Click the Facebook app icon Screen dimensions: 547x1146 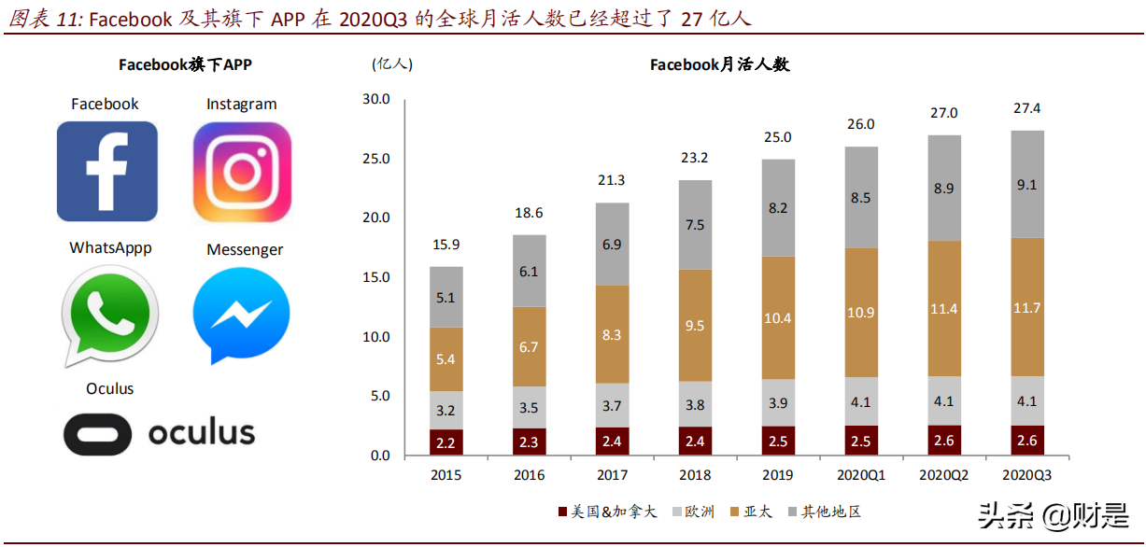[106, 171]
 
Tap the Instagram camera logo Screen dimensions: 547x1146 [242, 172]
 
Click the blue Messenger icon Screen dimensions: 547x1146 [241, 316]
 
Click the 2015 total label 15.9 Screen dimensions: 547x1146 [446, 245]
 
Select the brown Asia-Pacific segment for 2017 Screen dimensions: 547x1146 [612, 334]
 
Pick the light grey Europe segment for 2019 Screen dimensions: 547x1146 [777, 402]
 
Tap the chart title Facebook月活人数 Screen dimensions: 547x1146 [720, 64]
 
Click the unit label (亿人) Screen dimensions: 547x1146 [391, 63]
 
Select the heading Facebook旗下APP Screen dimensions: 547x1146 [185, 64]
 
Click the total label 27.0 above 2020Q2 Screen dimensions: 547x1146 [942, 113]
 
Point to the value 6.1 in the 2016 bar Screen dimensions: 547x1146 [529, 271]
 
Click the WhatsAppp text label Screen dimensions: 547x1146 [110, 248]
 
